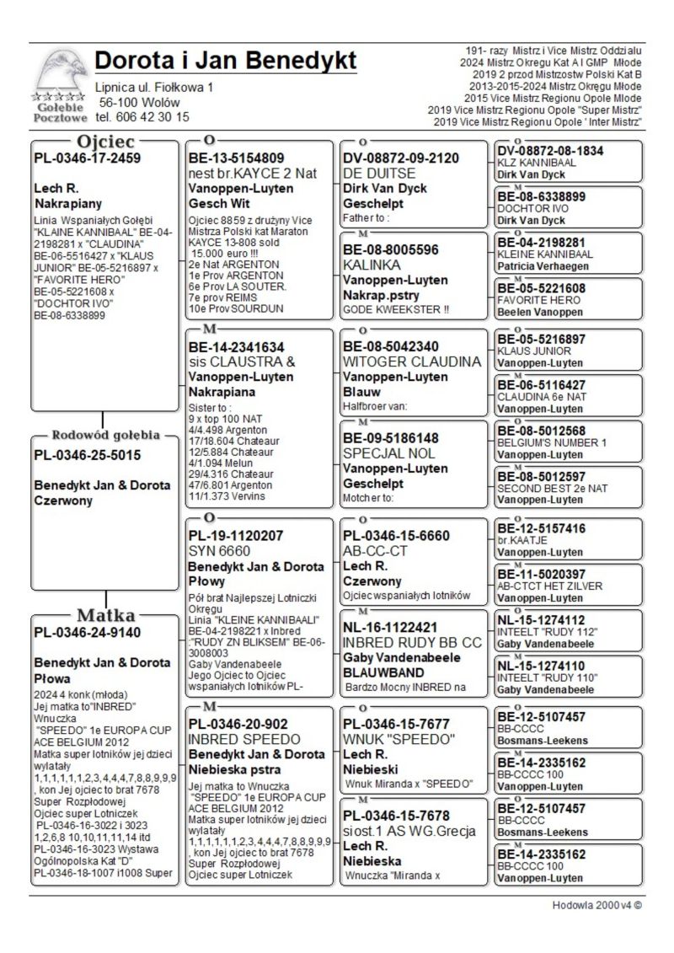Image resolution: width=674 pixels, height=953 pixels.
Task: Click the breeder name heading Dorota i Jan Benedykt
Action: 226,62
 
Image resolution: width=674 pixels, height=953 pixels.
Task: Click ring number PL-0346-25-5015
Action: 87,455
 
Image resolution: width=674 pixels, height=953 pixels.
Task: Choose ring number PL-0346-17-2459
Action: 87,158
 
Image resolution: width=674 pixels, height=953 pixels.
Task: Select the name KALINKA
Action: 372,265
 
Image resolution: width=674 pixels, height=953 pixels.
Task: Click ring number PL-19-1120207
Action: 236,535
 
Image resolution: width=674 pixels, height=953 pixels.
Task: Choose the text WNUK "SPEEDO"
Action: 399,739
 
